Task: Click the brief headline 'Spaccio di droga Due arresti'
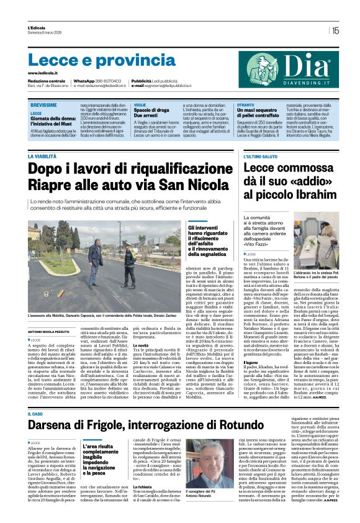(x=146, y=113)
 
